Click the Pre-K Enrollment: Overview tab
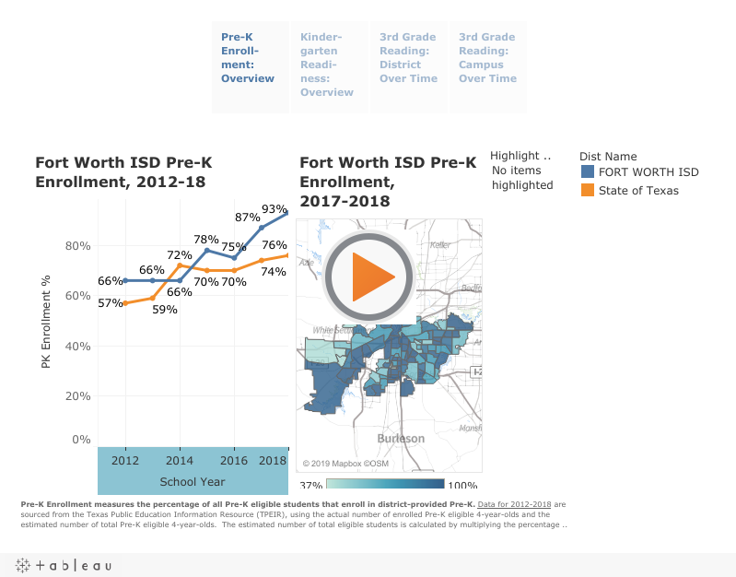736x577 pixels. (x=248, y=58)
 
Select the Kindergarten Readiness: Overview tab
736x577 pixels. (x=327, y=65)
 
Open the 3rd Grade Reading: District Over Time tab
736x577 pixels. (x=408, y=58)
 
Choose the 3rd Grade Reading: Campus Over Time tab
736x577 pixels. (x=487, y=58)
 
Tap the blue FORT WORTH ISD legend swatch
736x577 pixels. (x=588, y=172)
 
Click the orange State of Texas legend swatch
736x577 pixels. (x=588, y=191)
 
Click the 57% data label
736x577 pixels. (x=110, y=303)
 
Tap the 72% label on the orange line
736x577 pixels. (x=179, y=255)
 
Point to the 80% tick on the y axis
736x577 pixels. (x=77, y=246)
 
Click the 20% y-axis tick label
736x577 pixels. (x=77, y=396)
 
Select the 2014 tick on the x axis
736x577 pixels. (x=179, y=460)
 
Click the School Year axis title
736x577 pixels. (x=192, y=481)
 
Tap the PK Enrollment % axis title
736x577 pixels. (x=46, y=322)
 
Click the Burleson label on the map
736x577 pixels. (x=402, y=439)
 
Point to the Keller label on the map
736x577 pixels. (x=441, y=245)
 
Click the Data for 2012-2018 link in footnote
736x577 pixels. (x=514, y=505)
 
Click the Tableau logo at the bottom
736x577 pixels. (x=62, y=565)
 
